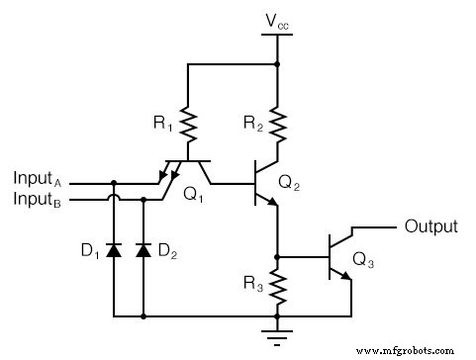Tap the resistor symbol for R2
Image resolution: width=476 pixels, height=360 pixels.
pyautogui.click(x=277, y=127)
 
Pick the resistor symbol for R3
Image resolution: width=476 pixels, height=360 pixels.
pyautogui.click(x=277, y=289)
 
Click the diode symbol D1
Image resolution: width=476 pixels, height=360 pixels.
pyautogui.click(x=114, y=251)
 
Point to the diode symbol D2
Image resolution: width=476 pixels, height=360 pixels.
pyautogui.click(x=144, y=251)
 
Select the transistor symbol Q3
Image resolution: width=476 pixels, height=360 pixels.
pyautogui.click(x=340, y=255)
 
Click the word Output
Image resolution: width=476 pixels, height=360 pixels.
pyautogui.click(x=430, y=226)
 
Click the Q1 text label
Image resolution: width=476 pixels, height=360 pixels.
pyautogui.click(x=194, y=195)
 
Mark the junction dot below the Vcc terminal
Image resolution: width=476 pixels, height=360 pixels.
pyautogui.click(x=277, y=64)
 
